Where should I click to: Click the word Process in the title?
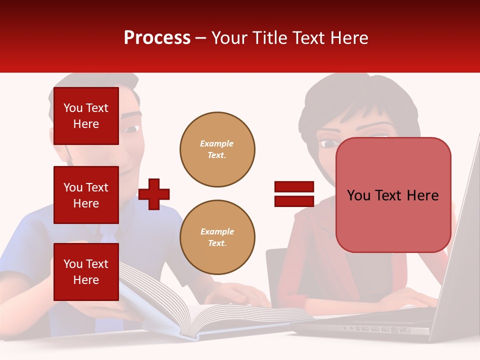[157, 38]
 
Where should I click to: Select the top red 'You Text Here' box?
[86, 116]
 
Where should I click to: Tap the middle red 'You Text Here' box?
[86, 195]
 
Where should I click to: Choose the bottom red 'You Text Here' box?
[86, 271]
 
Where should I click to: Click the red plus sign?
[154, 194]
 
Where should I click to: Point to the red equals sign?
[294, 194]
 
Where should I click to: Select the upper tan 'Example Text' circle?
[217, 149]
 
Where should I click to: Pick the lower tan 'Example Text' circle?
[217, 237]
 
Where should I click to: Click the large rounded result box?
[393, 195]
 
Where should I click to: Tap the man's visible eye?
[131, 129]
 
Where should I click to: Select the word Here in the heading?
[348, 38]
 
